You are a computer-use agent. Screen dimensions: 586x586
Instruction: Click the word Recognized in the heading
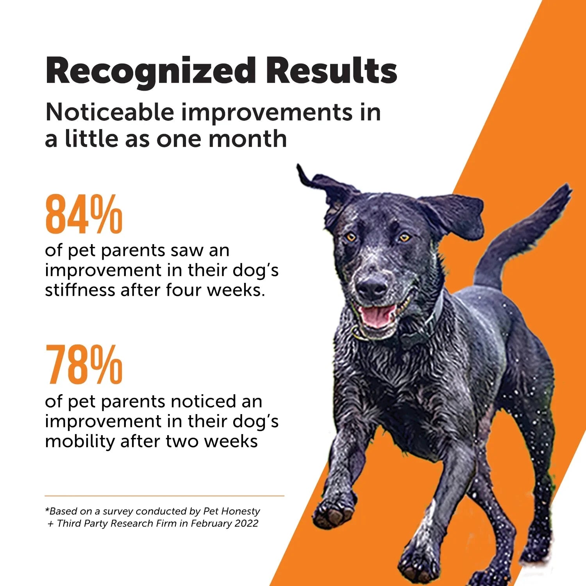[x=150, y=71]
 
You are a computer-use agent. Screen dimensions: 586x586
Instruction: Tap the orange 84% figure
[x=84, y=215]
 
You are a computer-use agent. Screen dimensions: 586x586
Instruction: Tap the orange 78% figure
[x=84, y=365]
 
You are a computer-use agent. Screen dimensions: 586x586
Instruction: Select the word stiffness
[x=79, y=290]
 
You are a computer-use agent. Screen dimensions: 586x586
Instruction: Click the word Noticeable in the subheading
[x=109, y=113]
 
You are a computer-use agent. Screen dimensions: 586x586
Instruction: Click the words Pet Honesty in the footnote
[x=232, y=511]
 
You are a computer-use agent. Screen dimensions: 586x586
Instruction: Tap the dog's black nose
[x=372, y=288]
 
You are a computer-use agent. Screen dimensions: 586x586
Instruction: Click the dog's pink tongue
[x=376, y=316]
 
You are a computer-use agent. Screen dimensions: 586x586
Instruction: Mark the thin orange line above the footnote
[x=164, y=496]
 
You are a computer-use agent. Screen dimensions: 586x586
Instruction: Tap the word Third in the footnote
[x=68, y=523]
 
